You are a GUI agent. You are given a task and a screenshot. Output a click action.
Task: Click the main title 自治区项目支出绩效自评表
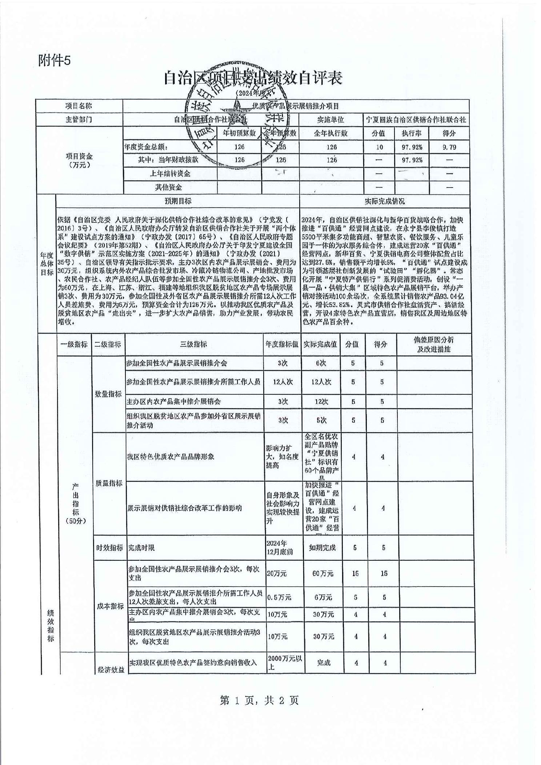253,78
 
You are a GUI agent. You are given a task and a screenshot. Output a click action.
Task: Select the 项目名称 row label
79,106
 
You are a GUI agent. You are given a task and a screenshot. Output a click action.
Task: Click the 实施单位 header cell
330,120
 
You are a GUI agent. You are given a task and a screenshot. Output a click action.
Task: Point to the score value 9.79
449,147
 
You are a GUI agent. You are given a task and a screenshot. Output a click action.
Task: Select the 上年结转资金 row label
170,173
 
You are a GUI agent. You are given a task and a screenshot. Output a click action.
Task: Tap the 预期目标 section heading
178,201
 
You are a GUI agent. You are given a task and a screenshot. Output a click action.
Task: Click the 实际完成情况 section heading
385,201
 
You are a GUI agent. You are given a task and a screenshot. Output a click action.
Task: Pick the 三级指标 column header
194,344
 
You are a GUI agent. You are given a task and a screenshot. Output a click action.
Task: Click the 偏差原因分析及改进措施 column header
434,344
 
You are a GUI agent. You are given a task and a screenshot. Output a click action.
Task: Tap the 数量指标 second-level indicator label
108,394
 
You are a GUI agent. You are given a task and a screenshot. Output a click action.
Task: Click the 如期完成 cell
322,547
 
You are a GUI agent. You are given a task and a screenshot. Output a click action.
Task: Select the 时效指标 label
109,547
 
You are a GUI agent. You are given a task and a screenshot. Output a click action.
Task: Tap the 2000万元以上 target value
284,662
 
